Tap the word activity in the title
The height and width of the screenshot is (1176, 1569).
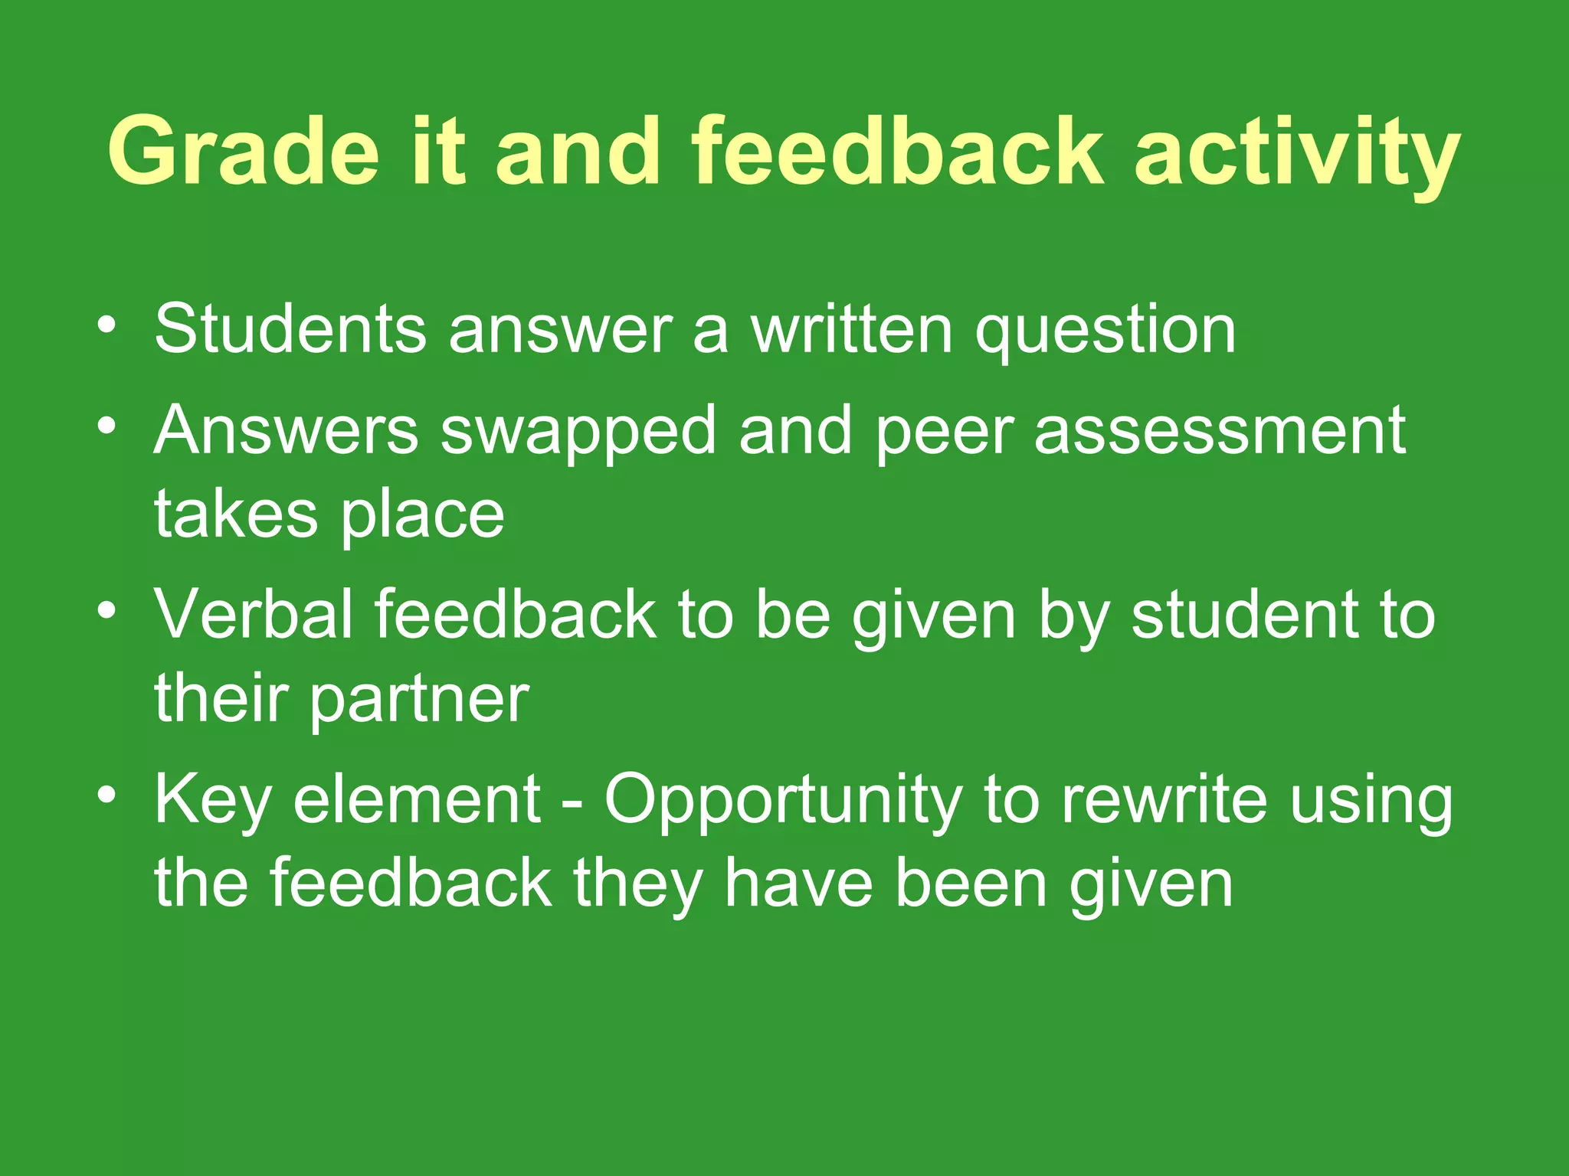click(x=1296, y=153)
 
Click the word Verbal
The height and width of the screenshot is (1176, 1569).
click(x=253, y=614)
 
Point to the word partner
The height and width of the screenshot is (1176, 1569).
click(x=419, y=701)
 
